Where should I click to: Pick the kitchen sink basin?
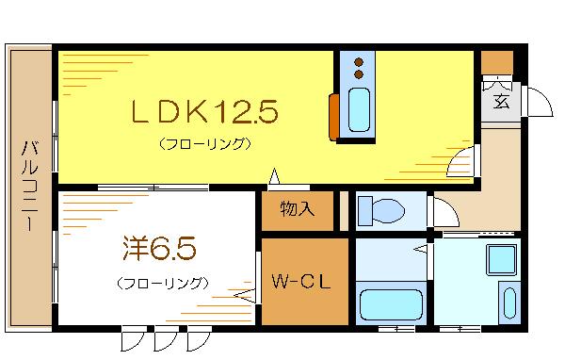[360, 109]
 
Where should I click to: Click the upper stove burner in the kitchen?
[359, 63]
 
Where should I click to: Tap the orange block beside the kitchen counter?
[333, 115]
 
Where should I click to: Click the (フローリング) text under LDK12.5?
[204, 144]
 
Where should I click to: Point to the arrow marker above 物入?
[274, 175]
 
